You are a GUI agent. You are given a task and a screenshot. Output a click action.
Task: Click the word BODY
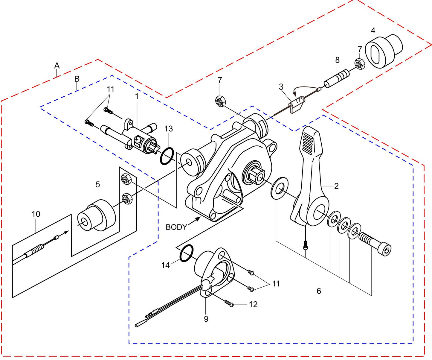click(176, 227)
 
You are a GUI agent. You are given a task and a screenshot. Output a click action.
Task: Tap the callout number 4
click(373, 31)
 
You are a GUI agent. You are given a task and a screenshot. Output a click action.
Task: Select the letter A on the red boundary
click(57, 66)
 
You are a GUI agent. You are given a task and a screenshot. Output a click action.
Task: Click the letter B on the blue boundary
click(77, 79)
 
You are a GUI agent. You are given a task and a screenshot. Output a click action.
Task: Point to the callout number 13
click(169, 129)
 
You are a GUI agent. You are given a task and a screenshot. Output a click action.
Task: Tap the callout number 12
click(253, 304)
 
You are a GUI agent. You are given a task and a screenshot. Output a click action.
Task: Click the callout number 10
click(36, 214)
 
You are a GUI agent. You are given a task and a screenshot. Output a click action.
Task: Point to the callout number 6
click(319, 291)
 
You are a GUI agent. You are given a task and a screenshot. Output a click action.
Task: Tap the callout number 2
click(336, 186)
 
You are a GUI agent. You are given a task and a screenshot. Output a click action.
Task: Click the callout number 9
click(206, 319)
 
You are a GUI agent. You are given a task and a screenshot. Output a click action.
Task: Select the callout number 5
click(98, 185)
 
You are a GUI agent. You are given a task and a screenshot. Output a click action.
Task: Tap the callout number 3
click(281, 87)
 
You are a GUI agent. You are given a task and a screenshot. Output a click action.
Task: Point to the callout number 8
click(337, 60)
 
